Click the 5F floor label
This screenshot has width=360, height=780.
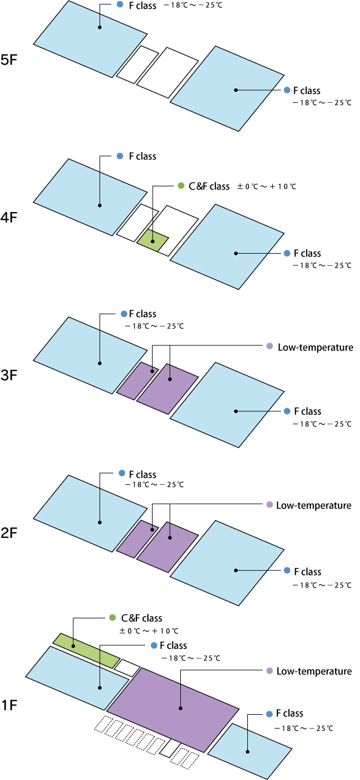coord(12,60)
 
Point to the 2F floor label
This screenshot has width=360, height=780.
coord(12,533)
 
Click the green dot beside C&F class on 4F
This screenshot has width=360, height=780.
coord(180,187)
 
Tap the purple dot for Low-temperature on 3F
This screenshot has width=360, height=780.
coord(269,347)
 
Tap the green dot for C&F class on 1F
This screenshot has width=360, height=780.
coord(113,618)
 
